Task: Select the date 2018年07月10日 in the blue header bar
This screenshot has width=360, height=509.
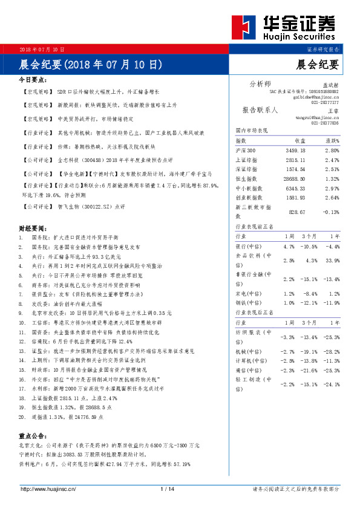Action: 42,48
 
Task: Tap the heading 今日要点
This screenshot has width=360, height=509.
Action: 34,79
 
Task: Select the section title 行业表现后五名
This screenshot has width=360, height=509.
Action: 254,313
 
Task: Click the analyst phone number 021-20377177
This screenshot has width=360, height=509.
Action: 325,103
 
